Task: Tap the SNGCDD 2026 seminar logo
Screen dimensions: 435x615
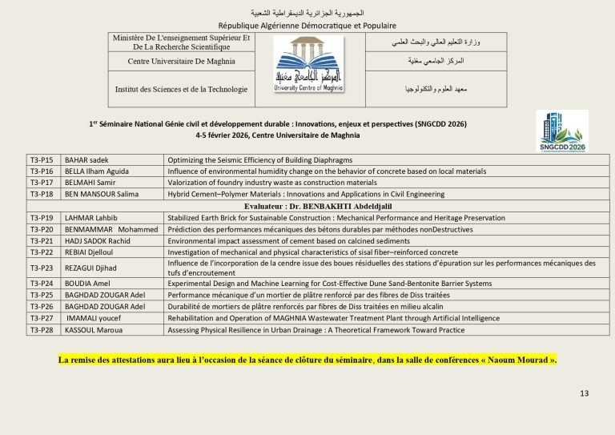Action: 561,131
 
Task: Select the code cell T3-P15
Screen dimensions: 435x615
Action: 42,160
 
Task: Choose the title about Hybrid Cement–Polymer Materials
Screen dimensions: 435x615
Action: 306,194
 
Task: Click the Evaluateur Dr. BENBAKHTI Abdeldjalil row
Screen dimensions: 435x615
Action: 307,206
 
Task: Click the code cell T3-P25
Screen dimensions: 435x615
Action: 42,295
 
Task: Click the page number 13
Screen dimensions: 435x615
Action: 584,393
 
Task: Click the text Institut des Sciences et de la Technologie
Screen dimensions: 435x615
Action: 181,89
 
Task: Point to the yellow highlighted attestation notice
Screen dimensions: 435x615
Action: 307,360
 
